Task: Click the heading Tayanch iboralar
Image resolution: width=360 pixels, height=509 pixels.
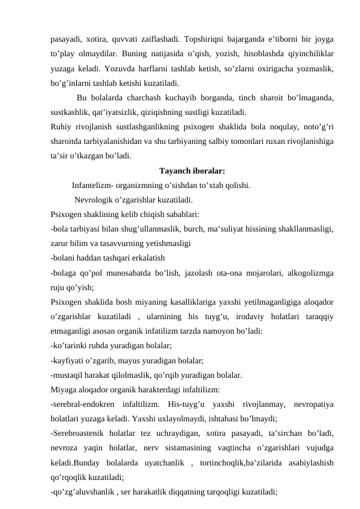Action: (192, 170)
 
